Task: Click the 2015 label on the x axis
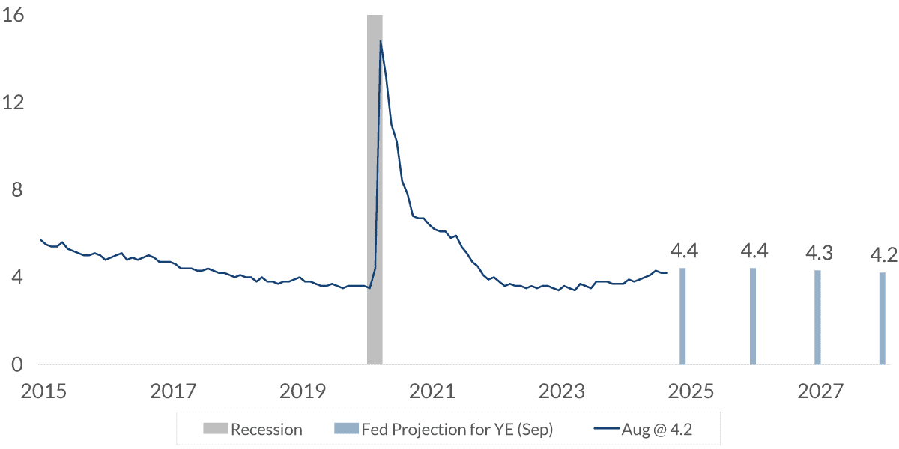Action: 43,391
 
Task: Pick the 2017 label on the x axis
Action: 172,391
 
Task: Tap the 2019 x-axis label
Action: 302,391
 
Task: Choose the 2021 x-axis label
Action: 432,391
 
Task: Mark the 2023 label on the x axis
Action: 562,391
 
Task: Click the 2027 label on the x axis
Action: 821,391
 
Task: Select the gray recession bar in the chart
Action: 375,187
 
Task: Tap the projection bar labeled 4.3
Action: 818,318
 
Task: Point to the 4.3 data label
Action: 818,252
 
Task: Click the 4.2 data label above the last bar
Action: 883,255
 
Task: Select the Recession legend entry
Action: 253,430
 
